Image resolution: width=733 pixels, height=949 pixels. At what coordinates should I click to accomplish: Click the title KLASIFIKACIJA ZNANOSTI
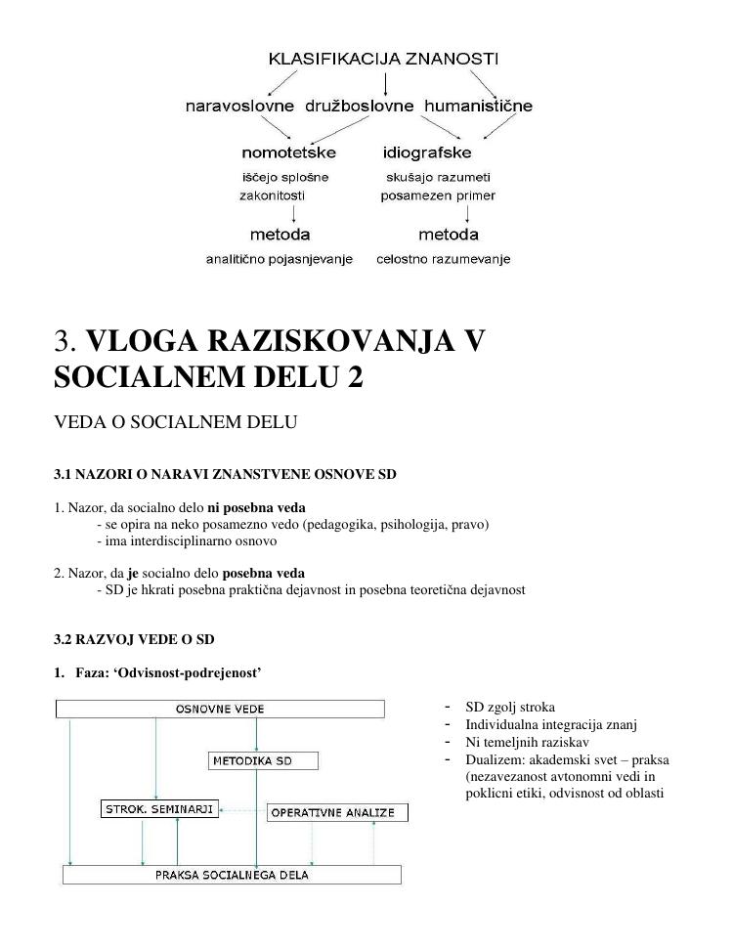(x=383, y=60)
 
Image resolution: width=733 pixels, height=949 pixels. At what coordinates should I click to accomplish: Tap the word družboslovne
(x=360, y=106)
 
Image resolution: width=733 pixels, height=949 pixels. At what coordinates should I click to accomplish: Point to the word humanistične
(x=479, y=106)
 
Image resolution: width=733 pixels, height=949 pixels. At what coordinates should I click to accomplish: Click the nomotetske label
(x=288, y=152)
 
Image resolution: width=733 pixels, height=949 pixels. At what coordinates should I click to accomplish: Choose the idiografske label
(x=427, y=152)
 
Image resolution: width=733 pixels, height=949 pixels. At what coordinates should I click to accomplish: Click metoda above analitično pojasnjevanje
(x=280, y=235)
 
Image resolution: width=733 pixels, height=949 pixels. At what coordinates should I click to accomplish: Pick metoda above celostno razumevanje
(x=449, y=235)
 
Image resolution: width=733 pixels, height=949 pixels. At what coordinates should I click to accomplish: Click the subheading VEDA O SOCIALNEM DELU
(x=175, y=423)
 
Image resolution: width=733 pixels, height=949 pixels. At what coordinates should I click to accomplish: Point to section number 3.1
(x=65, y=474)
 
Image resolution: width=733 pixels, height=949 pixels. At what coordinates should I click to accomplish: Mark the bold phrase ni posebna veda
(x=257, y=508)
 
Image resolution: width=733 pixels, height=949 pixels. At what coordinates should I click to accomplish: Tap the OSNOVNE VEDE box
(x=220, y=709)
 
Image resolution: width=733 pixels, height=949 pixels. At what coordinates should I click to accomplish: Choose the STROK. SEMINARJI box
(x=159, y=809)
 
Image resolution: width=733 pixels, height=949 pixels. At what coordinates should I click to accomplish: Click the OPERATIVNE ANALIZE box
(x=338, y=813)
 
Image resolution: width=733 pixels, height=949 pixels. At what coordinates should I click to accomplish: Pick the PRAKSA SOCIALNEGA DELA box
(x=233, y=875)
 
